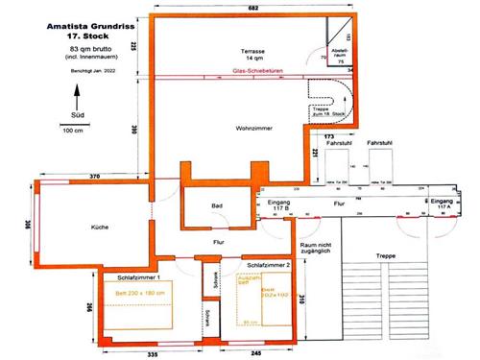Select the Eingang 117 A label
tap(440, 204)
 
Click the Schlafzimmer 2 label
tap(268, 263)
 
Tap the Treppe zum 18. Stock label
tap(328, 113)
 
